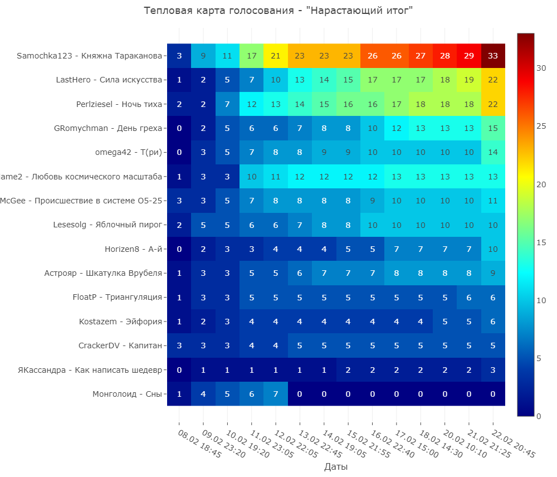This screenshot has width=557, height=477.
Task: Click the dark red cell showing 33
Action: coord(493,56)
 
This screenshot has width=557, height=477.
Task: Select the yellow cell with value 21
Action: coord(276,56)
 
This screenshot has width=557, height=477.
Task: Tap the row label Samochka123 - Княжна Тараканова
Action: coord(89,56)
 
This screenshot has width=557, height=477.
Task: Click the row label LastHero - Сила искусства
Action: coord(109,80)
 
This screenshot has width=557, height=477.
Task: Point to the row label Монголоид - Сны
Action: coord(127,394)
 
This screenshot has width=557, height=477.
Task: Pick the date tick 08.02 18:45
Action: coord(199,444)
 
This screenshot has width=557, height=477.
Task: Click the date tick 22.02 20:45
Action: coord(513,444)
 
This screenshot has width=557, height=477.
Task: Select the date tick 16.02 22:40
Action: coord(392,444)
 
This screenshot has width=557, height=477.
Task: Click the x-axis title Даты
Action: coord(336,467)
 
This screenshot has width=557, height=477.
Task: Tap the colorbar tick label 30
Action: coord(541,68)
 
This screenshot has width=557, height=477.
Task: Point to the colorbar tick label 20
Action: coord(541,184)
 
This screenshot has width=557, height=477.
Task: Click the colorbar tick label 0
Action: coord(539,416)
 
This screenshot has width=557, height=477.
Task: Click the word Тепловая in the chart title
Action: coord(165,11)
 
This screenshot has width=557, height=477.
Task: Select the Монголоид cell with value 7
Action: coord(276,394)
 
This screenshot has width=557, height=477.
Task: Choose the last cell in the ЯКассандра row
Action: coord(493,369)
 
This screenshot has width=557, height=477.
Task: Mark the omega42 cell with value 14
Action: coord(493,152)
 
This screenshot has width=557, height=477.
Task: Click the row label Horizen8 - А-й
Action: coord(133,249)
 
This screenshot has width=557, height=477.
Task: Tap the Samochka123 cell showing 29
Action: coord(469,56)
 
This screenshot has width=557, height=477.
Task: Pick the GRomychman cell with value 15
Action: coord(493,128)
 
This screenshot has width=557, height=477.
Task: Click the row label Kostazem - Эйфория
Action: coord(120,322)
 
